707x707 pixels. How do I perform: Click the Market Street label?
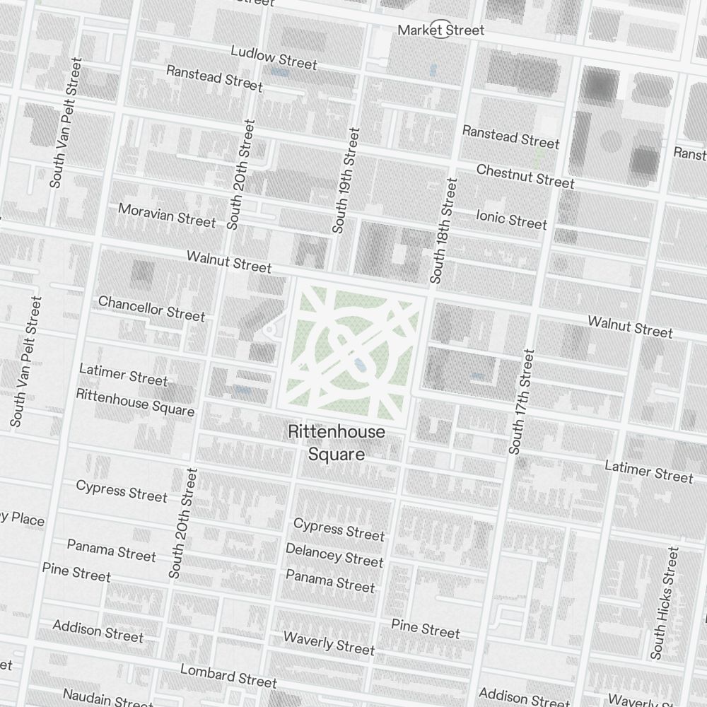click(440, 30)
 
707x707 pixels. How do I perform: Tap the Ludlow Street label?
click(274, 58)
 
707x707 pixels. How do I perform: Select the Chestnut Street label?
click(525, 176)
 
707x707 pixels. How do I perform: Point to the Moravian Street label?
click(167, 215)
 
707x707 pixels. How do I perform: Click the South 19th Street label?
click(347, 180)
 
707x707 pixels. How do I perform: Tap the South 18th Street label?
click(443, 230)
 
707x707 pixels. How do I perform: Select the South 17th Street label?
click(522, 401)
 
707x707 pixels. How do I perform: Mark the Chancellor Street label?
click(151, 308)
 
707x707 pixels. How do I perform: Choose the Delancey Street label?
click(334, 555)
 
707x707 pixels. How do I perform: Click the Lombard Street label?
click(228, 675)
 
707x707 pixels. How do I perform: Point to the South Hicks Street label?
click(666, 602)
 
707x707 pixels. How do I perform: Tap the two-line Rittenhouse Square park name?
click(337, 443)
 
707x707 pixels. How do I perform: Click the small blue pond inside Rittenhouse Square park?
click(360, 365)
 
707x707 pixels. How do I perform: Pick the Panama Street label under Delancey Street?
click(330, 580)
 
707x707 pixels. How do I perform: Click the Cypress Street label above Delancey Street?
click(339, 529)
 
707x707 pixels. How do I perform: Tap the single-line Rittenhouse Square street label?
click(135, 402)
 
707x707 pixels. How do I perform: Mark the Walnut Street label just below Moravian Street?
click(229, 261)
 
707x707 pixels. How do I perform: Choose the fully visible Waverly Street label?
click(329, 643)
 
